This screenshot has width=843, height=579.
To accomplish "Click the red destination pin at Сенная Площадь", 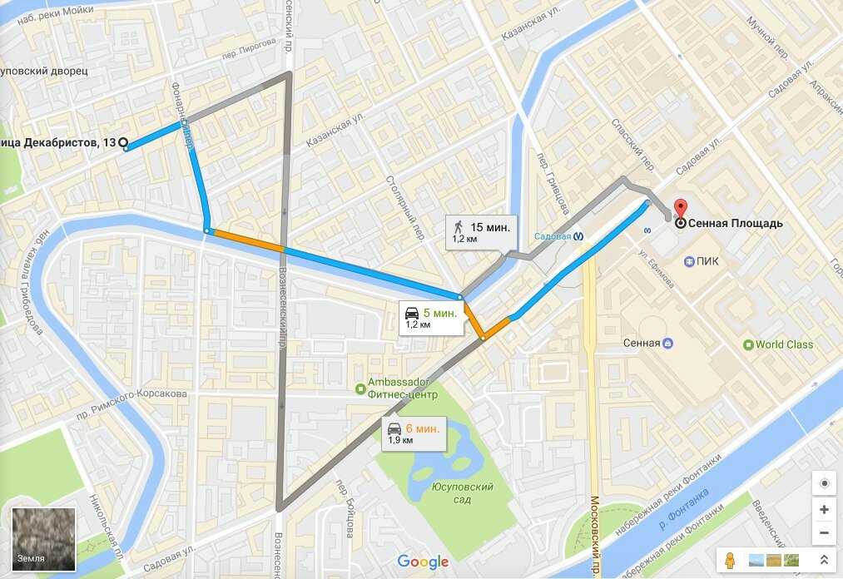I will coord(680,210).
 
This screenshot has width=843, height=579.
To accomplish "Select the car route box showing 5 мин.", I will coord(430,317).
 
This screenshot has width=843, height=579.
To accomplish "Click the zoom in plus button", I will coord(824,509).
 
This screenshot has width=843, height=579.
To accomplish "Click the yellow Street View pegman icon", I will coord(733,560).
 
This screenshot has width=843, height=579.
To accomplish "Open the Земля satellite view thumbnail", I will coord(44,538).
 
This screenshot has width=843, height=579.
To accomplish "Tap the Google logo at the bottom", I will coord(423,562).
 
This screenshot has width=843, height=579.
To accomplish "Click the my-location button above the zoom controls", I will coord(824,483).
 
